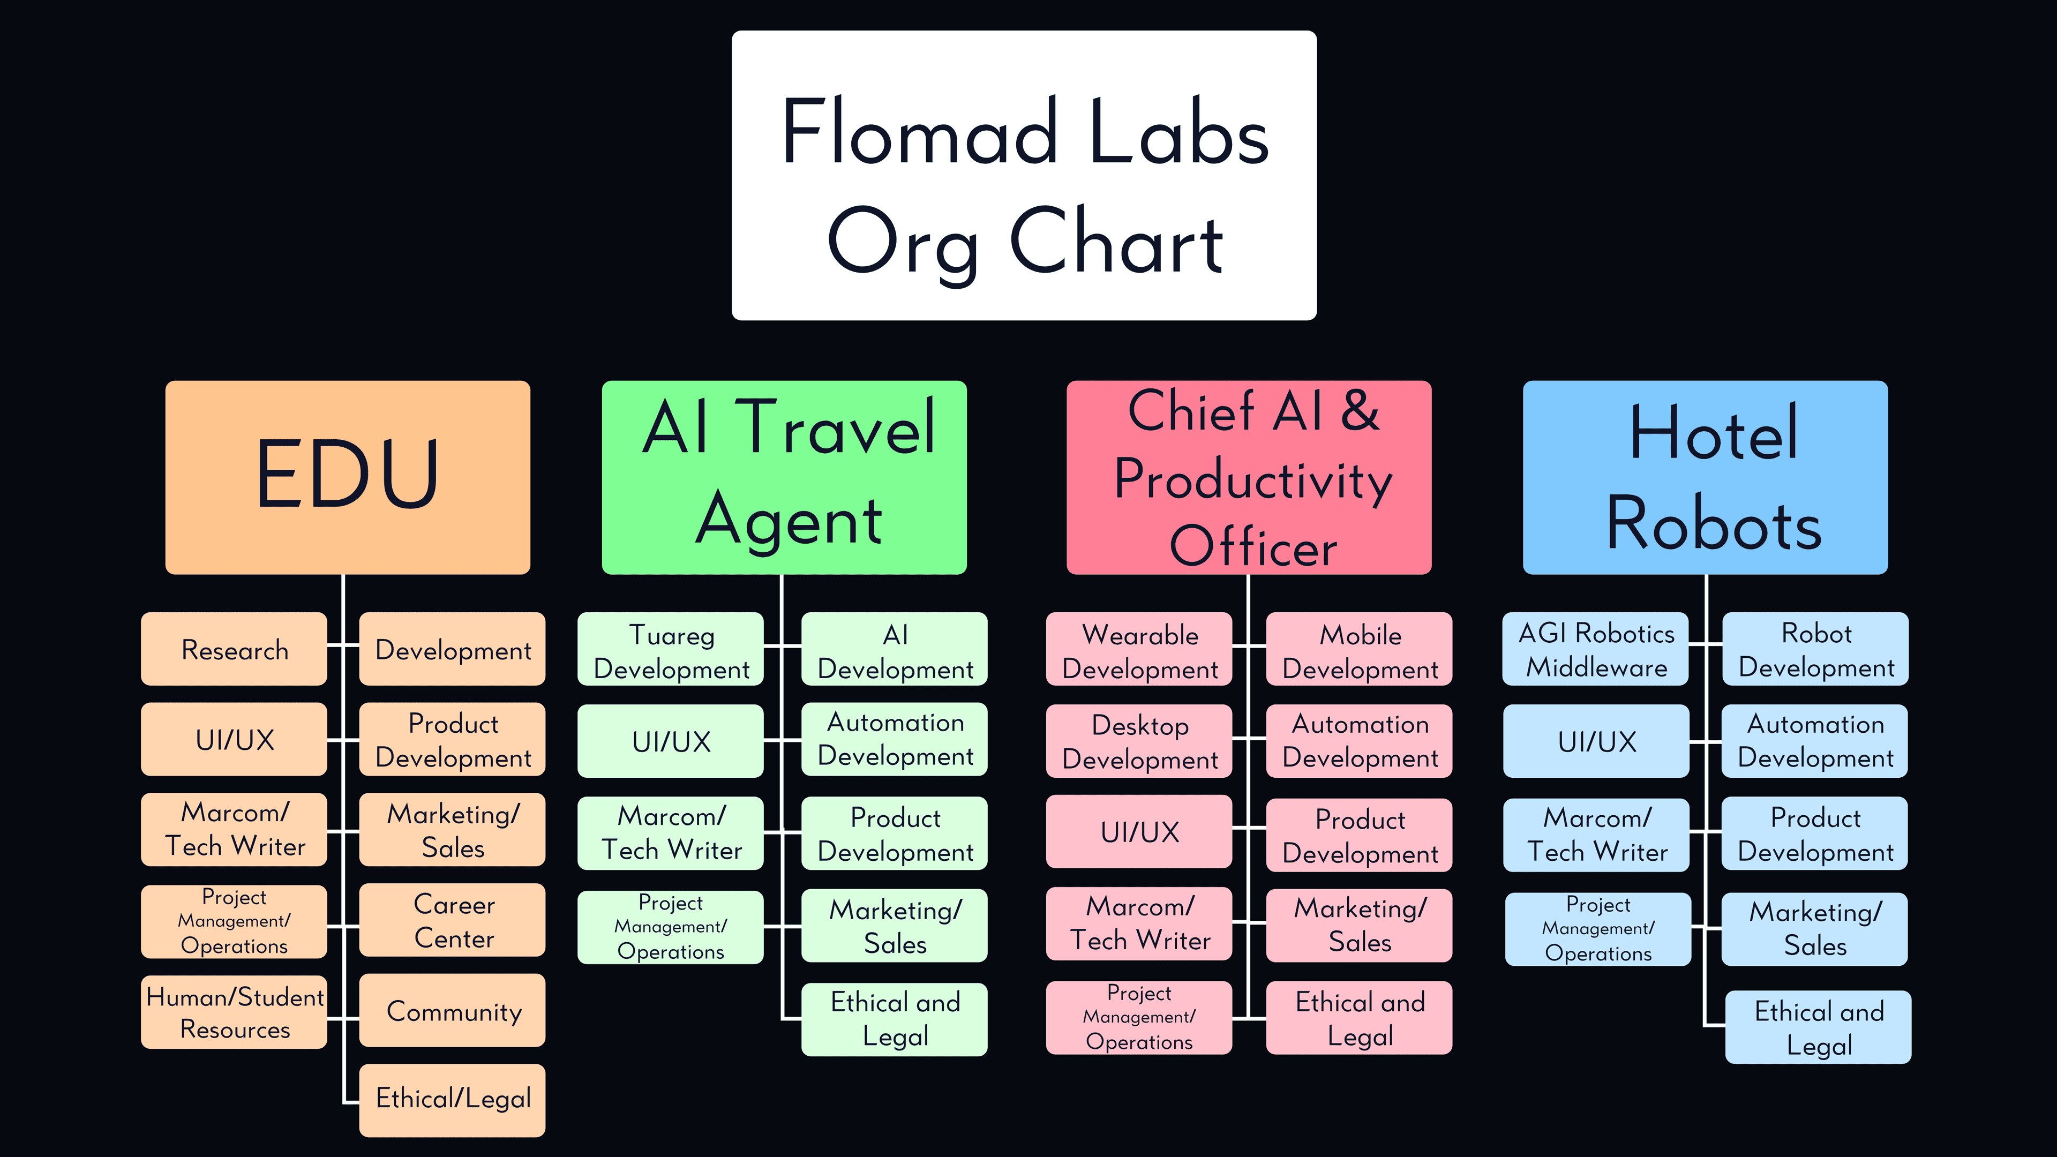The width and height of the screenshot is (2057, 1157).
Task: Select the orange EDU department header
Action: (x=347, y=477)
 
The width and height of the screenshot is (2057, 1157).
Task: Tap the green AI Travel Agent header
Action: (x=784, y=477)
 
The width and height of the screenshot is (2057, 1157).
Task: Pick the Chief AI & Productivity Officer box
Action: (x=1249, y=477)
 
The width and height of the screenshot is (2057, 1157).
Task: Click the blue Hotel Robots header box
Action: (x=1705, y=477)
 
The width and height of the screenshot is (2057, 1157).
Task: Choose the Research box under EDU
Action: (x=234, y=649)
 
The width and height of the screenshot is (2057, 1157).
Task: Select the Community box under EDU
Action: (x=453, y=1010)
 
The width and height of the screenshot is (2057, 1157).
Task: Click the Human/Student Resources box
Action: (x=234, y=1012)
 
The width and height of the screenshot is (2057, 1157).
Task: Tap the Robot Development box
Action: (x=1815, y=649)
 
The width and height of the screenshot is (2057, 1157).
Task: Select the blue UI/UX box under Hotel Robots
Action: (x=1596, y=741)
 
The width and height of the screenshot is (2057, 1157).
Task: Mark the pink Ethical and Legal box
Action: (x=1359, y=1018)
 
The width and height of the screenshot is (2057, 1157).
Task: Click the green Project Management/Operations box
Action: (x=671, y=927)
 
